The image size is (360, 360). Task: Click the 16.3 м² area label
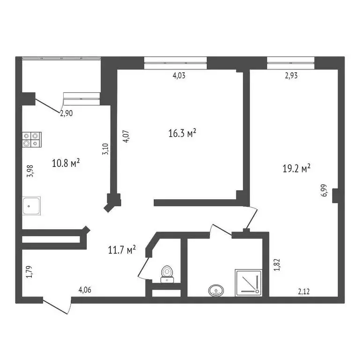tap(182, 134)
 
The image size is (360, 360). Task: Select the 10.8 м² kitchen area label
tap(65, 164)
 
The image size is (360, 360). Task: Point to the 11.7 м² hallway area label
tap(122, 250)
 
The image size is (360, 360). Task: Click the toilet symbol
tap(166, 274)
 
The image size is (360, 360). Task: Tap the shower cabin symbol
tap(248, 282)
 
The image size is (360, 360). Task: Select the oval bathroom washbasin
tap(216, 291)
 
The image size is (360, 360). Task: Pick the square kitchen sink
tap(32, 205)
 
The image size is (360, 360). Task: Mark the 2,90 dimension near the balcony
tap(66, 112)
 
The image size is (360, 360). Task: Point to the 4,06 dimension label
tap(85, 290)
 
